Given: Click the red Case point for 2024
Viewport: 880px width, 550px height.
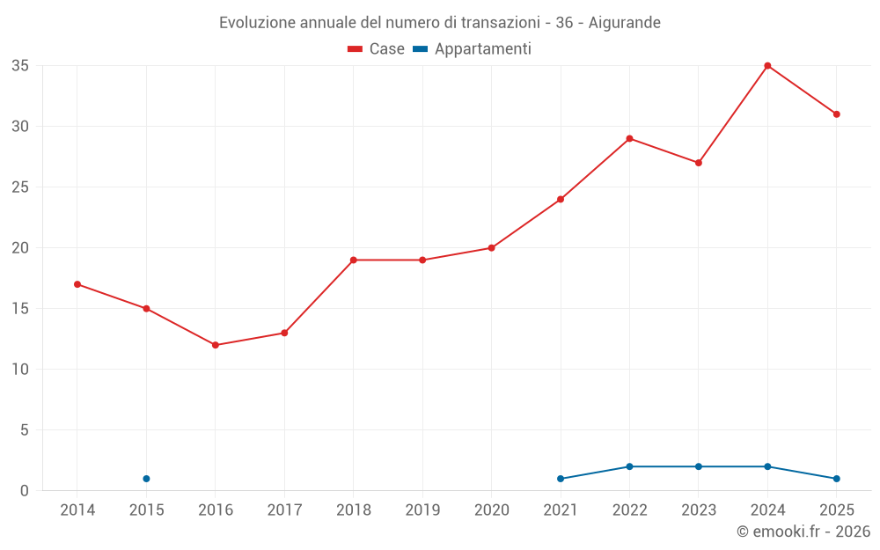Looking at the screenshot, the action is point(767,66).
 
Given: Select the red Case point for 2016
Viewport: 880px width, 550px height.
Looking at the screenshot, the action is point(216,345).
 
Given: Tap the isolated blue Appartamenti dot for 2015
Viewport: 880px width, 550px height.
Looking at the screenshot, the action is point(146,479).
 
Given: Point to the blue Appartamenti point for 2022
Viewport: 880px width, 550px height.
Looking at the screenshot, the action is point(629,466).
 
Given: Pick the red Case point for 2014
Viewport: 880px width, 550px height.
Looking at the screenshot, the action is point(77,284).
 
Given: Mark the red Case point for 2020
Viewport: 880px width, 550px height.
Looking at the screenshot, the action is point(492,248).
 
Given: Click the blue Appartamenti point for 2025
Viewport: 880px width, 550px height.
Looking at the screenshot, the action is point(836,479).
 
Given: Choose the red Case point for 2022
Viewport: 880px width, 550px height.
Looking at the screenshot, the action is point(629,139).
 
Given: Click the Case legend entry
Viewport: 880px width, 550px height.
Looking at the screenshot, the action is point(376,48).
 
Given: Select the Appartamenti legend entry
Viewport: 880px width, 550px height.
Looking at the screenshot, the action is point(472,48).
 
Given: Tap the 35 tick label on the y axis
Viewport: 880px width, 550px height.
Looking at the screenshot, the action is point(20,66).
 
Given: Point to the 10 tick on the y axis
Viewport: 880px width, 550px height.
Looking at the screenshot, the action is point(20,370).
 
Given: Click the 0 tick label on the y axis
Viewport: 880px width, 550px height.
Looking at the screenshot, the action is point(24,491).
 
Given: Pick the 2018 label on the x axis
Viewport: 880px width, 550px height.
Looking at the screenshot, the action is point(354,510).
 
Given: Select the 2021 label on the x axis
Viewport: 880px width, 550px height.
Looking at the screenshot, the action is point(561,510).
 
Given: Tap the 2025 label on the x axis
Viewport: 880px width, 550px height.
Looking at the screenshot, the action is point(837,510).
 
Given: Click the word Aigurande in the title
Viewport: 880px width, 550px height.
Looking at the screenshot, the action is point(624,23).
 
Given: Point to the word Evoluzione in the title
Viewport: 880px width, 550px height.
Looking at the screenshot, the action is point(257,23).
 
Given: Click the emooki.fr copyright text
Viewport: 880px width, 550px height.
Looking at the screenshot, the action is point(803,532).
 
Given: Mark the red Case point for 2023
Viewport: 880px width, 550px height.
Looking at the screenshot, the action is point(698,163).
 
